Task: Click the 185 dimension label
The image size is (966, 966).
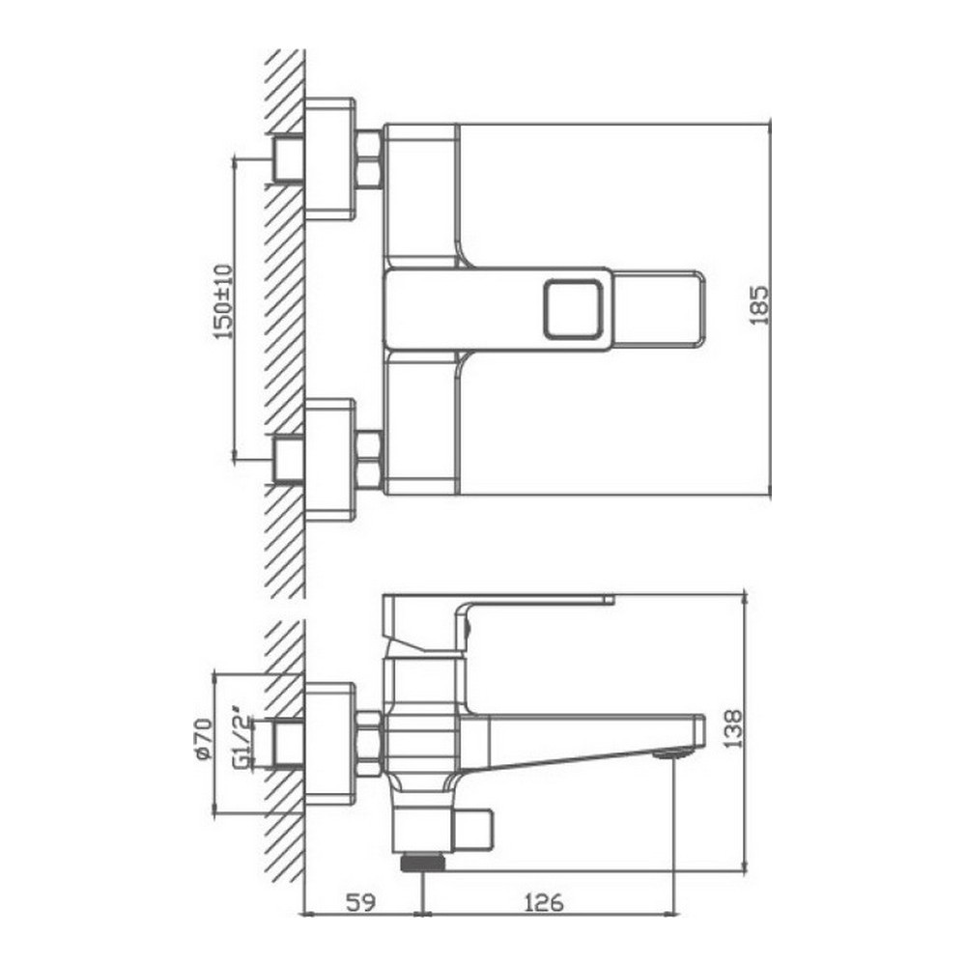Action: (760, 304)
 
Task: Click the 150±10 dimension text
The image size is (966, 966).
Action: (223, 301)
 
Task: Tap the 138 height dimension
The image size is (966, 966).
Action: (733, 728)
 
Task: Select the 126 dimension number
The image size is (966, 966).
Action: (543, 903)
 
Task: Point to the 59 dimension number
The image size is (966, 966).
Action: (361, 903)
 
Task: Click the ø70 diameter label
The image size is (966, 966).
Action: (203, 739)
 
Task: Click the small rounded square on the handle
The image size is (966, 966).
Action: (572, 309)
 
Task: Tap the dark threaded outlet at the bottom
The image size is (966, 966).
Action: (423, 863)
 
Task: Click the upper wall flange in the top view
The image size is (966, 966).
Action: (330, 159)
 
